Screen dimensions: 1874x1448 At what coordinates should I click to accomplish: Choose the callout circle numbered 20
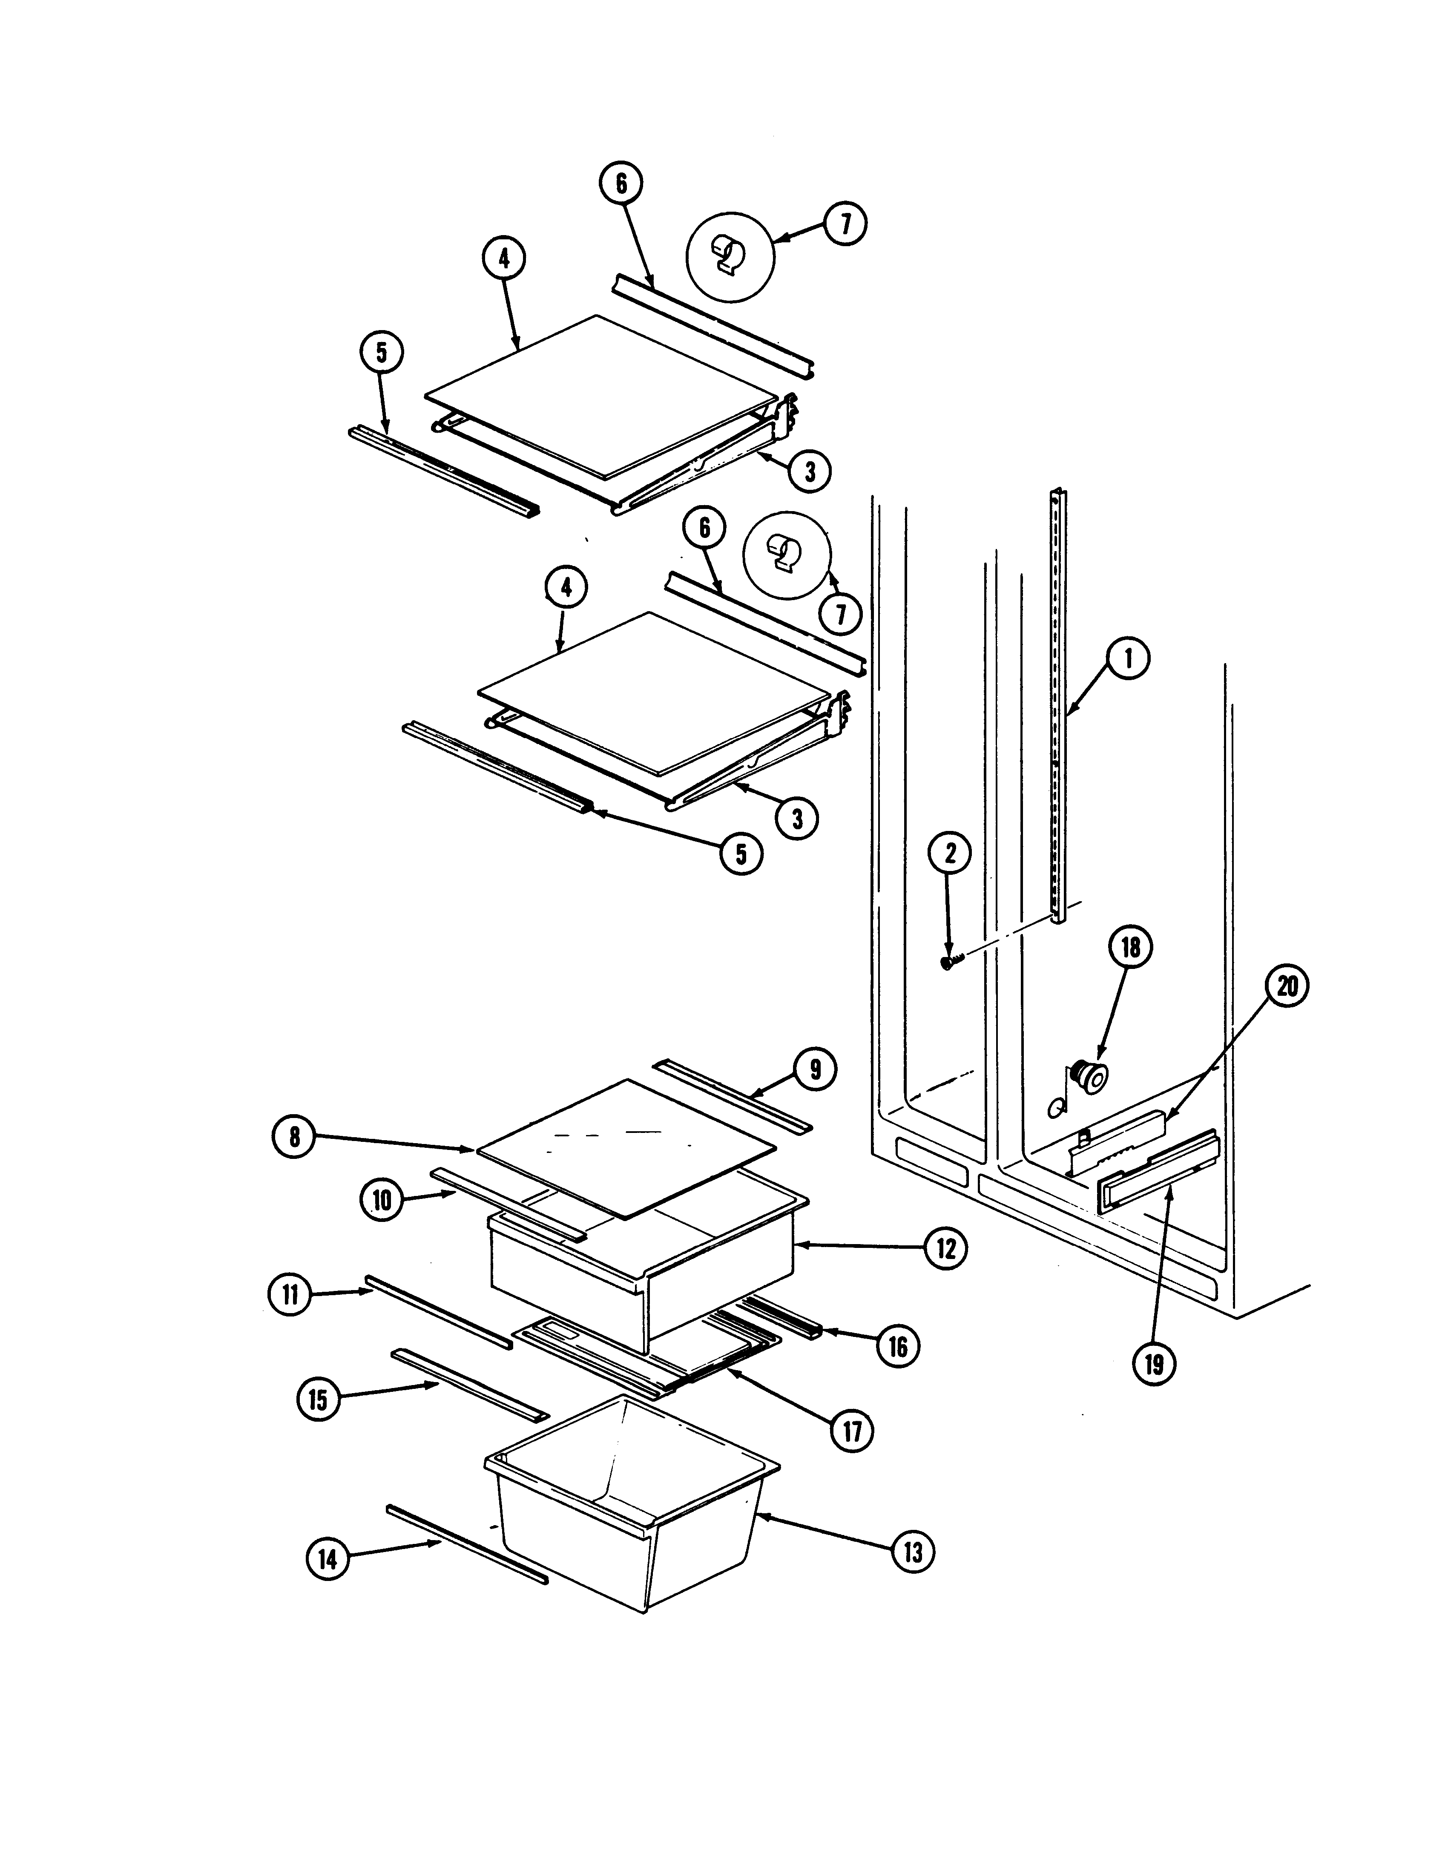coord(1287,986)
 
